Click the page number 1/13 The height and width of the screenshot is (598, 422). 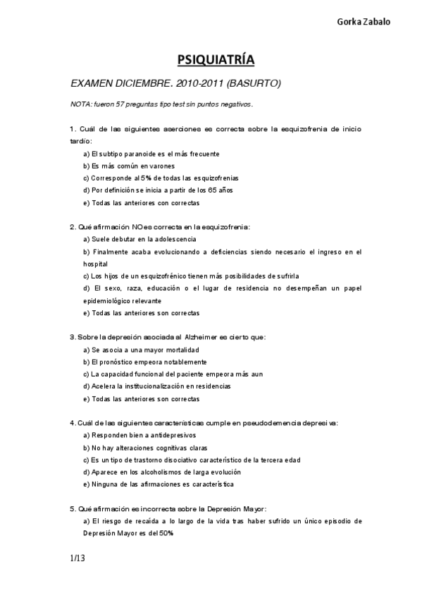tap(78, 560)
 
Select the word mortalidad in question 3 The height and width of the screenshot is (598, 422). tap(180, 350)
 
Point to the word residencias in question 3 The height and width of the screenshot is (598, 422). tap(212, 386)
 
